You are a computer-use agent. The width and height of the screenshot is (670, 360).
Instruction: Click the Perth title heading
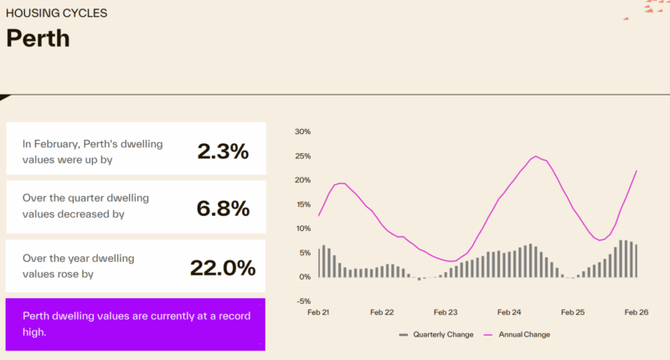[x=38, y=39]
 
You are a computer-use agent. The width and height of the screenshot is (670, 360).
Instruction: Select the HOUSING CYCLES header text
[x=56, y=14]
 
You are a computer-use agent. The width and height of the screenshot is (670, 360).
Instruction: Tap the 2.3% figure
[x=223, y=152]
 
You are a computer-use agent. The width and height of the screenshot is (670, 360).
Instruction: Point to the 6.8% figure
[x=223, y=209]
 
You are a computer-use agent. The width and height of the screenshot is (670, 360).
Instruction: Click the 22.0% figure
[x=223, y=268]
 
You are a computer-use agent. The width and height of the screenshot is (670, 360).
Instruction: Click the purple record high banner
[x=136, y=324]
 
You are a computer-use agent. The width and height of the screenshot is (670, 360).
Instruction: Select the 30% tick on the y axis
[x=302, y=132]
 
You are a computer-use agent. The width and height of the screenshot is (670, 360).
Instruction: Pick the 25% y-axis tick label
[x=302, y=157]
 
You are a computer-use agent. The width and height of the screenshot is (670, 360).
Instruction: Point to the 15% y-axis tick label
[x=302, y=204]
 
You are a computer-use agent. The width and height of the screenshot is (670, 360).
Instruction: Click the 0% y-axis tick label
[x=305, y=277]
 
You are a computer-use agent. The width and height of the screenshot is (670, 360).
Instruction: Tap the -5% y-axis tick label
[x=303, y=301]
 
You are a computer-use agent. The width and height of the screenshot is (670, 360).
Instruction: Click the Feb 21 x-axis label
[x=318, y=312]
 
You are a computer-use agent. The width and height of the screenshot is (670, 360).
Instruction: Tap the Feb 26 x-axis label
[x=636, y=312]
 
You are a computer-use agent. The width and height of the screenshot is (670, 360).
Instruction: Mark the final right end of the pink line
[x=636, y=171]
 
